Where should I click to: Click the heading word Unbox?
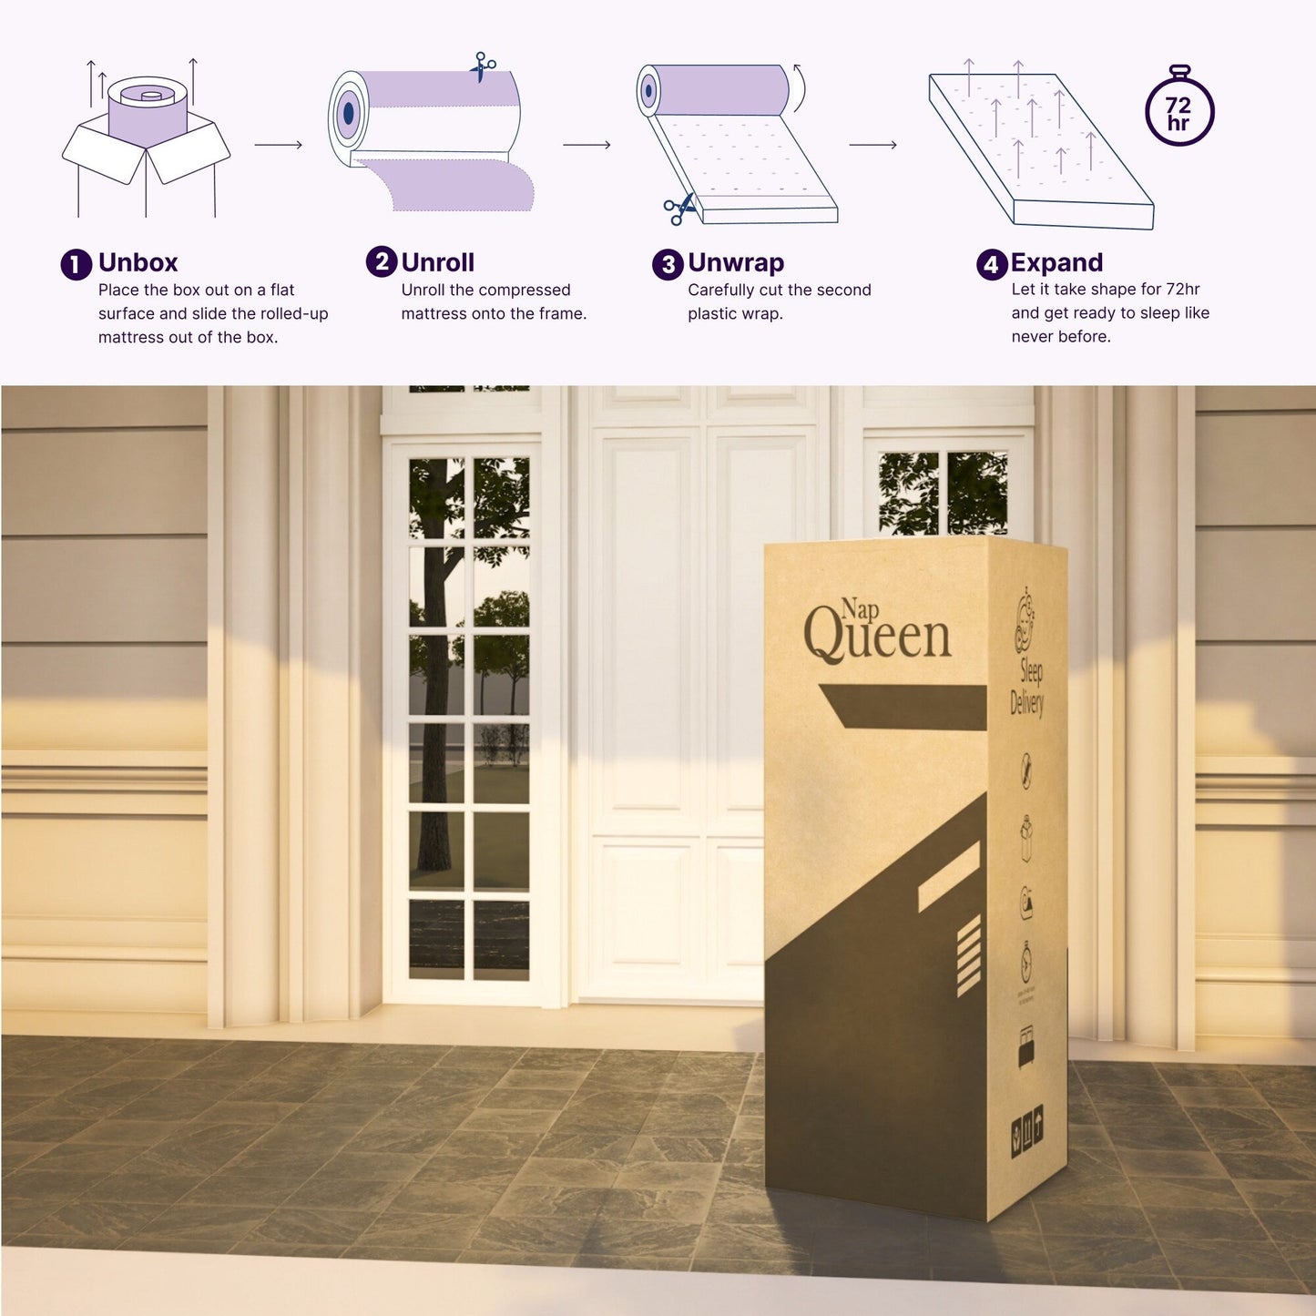138,263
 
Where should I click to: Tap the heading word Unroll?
437,263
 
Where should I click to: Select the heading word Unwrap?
736,263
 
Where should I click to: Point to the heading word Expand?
1056,263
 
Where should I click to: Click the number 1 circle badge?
77,265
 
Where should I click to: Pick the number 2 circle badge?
382,262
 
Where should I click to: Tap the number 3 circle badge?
668,265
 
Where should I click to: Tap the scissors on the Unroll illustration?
483,66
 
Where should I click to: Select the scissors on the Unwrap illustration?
678,209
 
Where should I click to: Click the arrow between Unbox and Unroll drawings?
278,145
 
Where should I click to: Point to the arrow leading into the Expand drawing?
872,145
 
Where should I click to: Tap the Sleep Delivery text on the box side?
1028,687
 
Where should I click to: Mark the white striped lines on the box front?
968,955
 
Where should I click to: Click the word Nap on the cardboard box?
861,608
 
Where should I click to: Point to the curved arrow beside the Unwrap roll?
799,87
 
